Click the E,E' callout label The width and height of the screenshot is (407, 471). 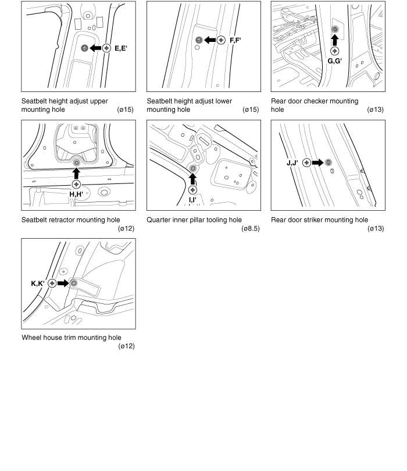121,48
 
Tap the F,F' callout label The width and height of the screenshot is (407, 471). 235,40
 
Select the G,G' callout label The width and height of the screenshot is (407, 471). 335,61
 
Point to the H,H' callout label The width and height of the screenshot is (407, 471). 76,194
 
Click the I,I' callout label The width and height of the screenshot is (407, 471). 192,200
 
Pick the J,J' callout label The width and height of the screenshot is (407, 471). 292,163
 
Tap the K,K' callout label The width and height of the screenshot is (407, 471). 38,284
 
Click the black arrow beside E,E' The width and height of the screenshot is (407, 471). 95,48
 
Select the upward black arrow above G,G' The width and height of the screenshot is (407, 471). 335,40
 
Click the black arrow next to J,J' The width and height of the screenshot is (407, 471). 317,162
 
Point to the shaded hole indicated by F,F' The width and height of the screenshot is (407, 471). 198,40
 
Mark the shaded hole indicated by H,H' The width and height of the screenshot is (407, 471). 77,162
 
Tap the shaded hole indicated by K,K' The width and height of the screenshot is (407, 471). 74,283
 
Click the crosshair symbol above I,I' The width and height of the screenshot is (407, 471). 192,190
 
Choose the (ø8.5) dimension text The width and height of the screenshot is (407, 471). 251,229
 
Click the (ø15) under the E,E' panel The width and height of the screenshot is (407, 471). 126,109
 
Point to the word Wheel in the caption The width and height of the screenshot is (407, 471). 30,338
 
